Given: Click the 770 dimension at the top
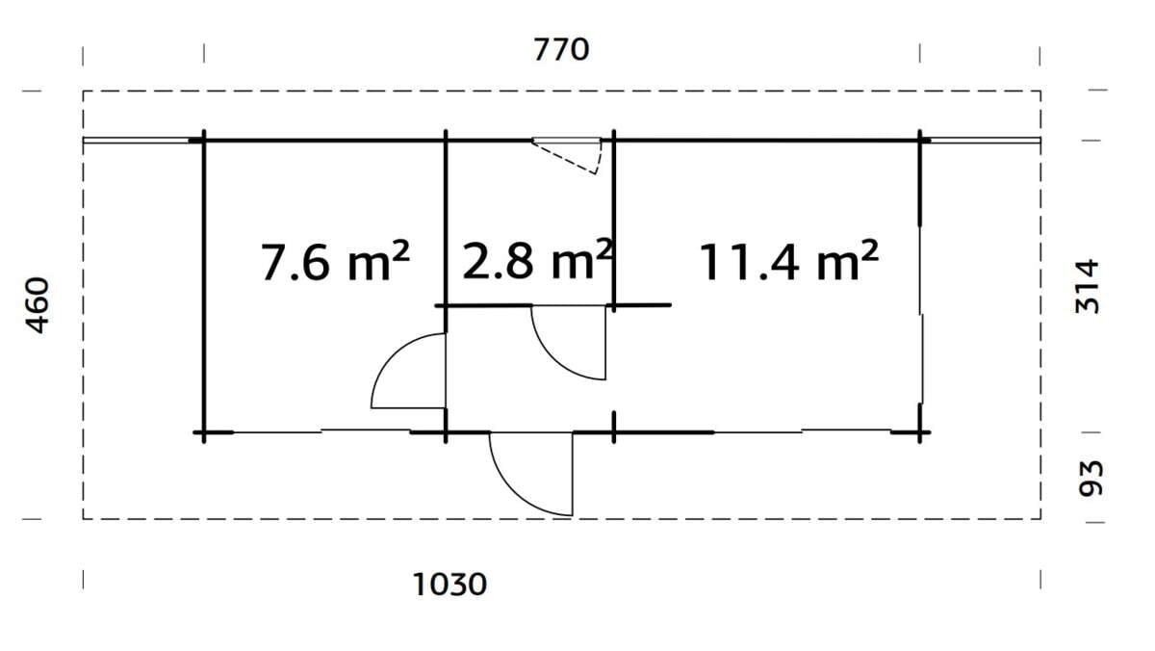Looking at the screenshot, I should coord(561,49).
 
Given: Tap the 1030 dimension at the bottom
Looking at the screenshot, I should coord(450,584).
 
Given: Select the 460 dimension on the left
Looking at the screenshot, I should coord(37,305).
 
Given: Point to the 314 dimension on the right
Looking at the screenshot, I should coord(1087,285).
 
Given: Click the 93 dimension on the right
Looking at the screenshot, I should coord(1088,478).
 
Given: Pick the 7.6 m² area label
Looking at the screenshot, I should coord(335,262).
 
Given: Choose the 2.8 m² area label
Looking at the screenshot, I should coord(536,260).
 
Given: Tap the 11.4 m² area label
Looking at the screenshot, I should coord(787,262).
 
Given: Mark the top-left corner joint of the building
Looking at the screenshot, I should coord(203,141).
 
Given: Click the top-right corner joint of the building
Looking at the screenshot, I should coord(920,141).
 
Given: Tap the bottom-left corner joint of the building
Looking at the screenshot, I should coord(203,433).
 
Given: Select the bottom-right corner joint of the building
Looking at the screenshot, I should coord(920,433).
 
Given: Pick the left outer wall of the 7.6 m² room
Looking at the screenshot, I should coord(203,289).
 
